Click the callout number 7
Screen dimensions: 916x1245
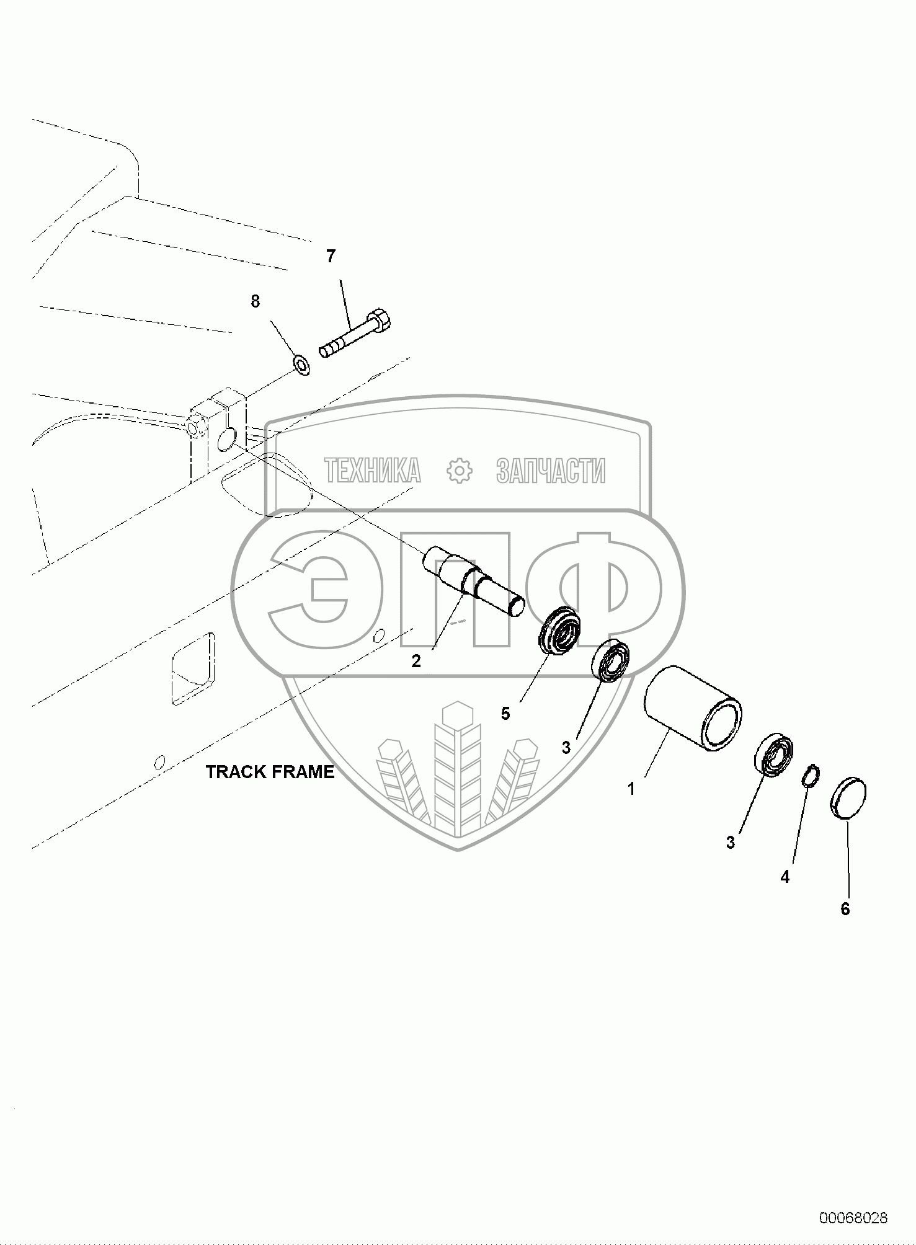tap(331, 255)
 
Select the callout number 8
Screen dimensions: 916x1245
tap(255, 301)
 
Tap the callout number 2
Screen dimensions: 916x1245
tap(416, 661)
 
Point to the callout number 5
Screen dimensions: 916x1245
tap(505, 714)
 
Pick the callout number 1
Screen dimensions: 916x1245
tap(631, 789)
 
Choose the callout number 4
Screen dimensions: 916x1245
tap(785, 877)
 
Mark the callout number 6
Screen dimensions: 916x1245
tap(845, 909)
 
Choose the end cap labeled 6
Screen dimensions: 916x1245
tap(848, 799)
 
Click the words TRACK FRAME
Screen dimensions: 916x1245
tap(270, 772)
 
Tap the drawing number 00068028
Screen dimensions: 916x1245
tap(853, 1218)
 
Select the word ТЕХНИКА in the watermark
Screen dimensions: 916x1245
tap(373, 471)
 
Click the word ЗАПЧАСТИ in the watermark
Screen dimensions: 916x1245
tap(551, 471)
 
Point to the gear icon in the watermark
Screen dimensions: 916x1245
tap(460, 471)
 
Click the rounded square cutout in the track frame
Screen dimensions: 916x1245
tap(192, 668)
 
